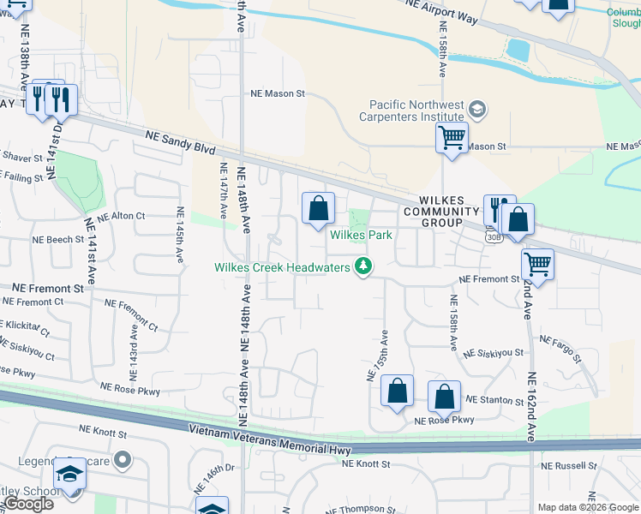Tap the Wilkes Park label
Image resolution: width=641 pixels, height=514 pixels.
pyautogui.click(x=362, y=235)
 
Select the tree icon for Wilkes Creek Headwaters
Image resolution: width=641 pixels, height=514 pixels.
pyautogui.click(x=364, y=267)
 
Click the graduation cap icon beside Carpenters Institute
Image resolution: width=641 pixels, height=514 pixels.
pyautogui.click(x=477, y=110)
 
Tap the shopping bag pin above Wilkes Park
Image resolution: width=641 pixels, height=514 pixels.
pyautogui.click(x=318, y=208)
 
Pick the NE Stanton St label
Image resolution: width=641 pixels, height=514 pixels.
pyautogui.click(x=494, y=400)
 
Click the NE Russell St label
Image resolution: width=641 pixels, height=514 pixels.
pyautogui.click(x=568, y=466)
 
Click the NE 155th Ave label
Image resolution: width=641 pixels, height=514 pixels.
pyautogui.click(x=378, y=354)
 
